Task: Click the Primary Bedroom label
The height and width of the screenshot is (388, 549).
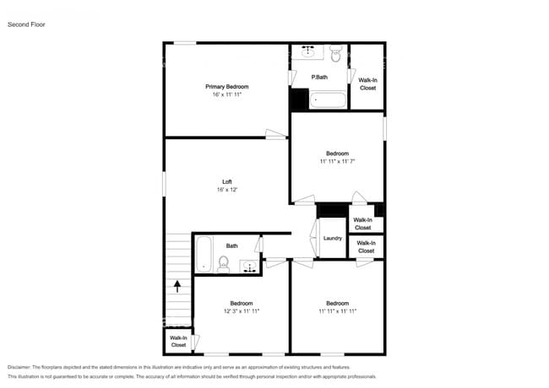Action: (227, 86)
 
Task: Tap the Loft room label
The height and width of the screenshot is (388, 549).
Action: (226, 181)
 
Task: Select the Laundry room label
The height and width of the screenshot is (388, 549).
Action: (333, 238)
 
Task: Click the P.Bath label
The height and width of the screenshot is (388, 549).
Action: (319, 78)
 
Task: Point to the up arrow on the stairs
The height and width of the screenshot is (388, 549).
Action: (177, 285)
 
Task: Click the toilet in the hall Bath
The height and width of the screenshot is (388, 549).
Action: (224, 264)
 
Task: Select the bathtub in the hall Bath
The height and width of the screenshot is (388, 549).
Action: (204, 254)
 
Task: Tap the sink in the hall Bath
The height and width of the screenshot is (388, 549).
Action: (250, 267)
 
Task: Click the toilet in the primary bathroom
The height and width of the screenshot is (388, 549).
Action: (335, 56)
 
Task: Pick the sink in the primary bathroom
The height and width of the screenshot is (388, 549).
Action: (308, 52)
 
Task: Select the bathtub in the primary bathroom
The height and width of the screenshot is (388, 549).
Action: (328, 101)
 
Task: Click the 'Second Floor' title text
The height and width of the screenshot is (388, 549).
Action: (26, 24)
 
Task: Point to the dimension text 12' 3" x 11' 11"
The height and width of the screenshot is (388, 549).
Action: (242, 311)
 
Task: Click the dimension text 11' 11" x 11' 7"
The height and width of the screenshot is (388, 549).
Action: (337, 161)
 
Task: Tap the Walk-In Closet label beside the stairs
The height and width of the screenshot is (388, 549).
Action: (178, 342)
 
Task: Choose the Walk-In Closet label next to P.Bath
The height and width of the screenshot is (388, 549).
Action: (367, 84)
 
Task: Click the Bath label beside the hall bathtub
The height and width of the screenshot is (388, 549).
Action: (231, 246)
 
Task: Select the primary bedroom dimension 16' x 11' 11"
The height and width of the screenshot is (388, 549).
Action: (227, 94)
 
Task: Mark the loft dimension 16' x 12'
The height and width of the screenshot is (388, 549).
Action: (226, 190)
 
